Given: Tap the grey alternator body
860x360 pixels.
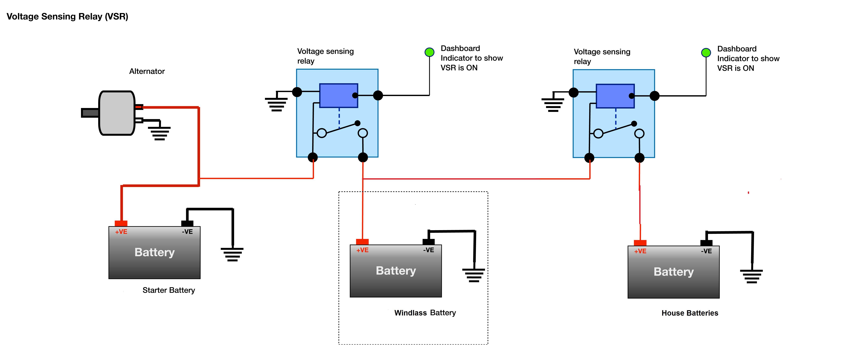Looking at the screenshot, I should point(116,113).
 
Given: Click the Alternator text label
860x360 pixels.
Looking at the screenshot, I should point(147,71).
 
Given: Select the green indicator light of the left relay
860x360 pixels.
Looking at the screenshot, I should point(429,52).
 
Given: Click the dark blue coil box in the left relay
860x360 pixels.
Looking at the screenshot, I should point(338,96).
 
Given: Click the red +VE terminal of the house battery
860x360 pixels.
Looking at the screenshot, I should point(640,243).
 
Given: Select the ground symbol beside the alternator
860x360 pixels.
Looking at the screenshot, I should point(160,133).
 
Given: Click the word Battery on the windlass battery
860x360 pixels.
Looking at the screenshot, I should point(396,270).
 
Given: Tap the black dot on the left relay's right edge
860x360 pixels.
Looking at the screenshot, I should point(378,96).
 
